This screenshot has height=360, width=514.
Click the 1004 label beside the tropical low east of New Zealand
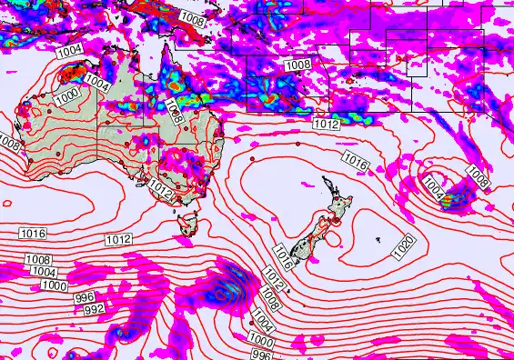coord(434,192)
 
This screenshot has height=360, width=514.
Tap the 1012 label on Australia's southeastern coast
coord(160,189)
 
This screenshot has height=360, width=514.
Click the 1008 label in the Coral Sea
coord(297,65)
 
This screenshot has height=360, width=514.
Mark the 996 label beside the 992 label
coord(85,297)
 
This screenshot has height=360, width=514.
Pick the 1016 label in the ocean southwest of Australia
coord(32,234)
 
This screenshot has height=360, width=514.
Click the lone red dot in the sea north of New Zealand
coord(297,145)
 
